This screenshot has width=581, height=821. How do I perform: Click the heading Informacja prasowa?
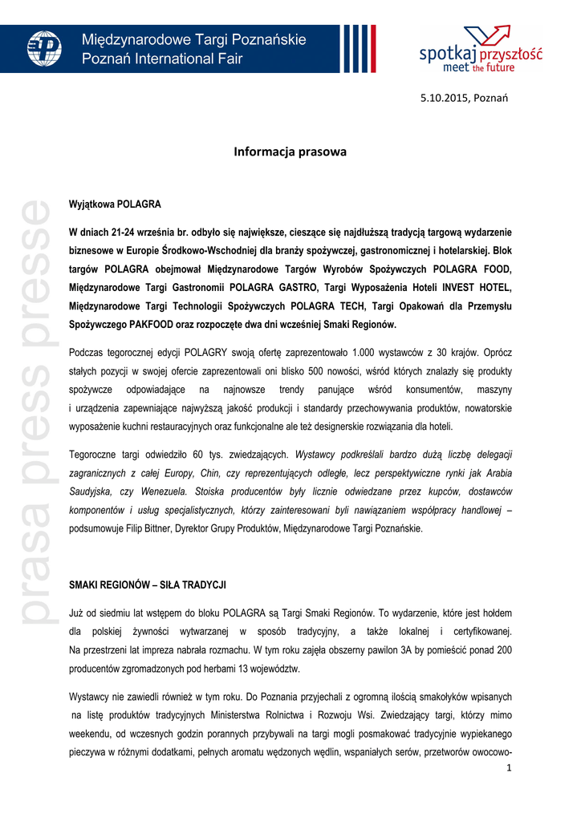click(290, 152)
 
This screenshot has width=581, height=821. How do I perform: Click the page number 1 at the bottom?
click(509, 768)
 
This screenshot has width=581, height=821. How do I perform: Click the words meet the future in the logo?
click(480, 68)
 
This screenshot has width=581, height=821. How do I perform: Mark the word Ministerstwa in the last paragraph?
click(249, 716)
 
